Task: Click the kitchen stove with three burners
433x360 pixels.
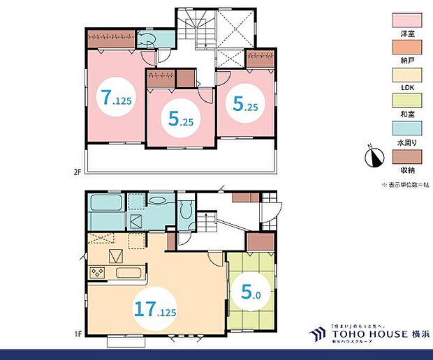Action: [x=97, y=271]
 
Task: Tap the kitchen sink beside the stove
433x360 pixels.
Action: [x=130, y=272]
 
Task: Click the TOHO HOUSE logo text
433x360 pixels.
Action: [x=364, y=334]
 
